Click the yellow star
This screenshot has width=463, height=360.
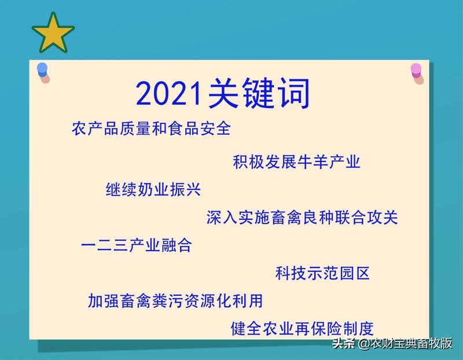tap(53, 34)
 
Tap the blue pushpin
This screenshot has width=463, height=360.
tap(43, 72)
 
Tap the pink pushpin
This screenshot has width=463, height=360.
tap(417, 73)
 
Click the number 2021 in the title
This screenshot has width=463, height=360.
tap(168, 94)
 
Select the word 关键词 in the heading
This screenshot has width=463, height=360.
tap(259, 93)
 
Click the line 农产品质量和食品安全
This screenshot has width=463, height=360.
tap(151, 128)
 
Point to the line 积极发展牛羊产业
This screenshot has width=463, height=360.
tap(296, 162)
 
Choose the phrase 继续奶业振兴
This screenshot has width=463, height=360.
tap(153, 189)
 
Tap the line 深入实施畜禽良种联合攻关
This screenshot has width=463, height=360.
tap(302, 218)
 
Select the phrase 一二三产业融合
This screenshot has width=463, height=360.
tap(137, 245)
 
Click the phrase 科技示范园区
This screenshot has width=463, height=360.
tap(322, 273)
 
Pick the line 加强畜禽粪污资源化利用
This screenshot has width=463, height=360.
tap(175, 300)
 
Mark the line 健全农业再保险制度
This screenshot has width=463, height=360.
tap(302, 328)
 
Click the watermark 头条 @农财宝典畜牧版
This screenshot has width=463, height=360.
tap(392, 343)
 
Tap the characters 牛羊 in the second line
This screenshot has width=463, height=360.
tap(313, 162)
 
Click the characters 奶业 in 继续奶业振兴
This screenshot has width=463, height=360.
tap(153, 189)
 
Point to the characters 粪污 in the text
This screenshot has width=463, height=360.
tap(167, 300)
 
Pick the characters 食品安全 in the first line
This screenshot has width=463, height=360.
tap(199, 128)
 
